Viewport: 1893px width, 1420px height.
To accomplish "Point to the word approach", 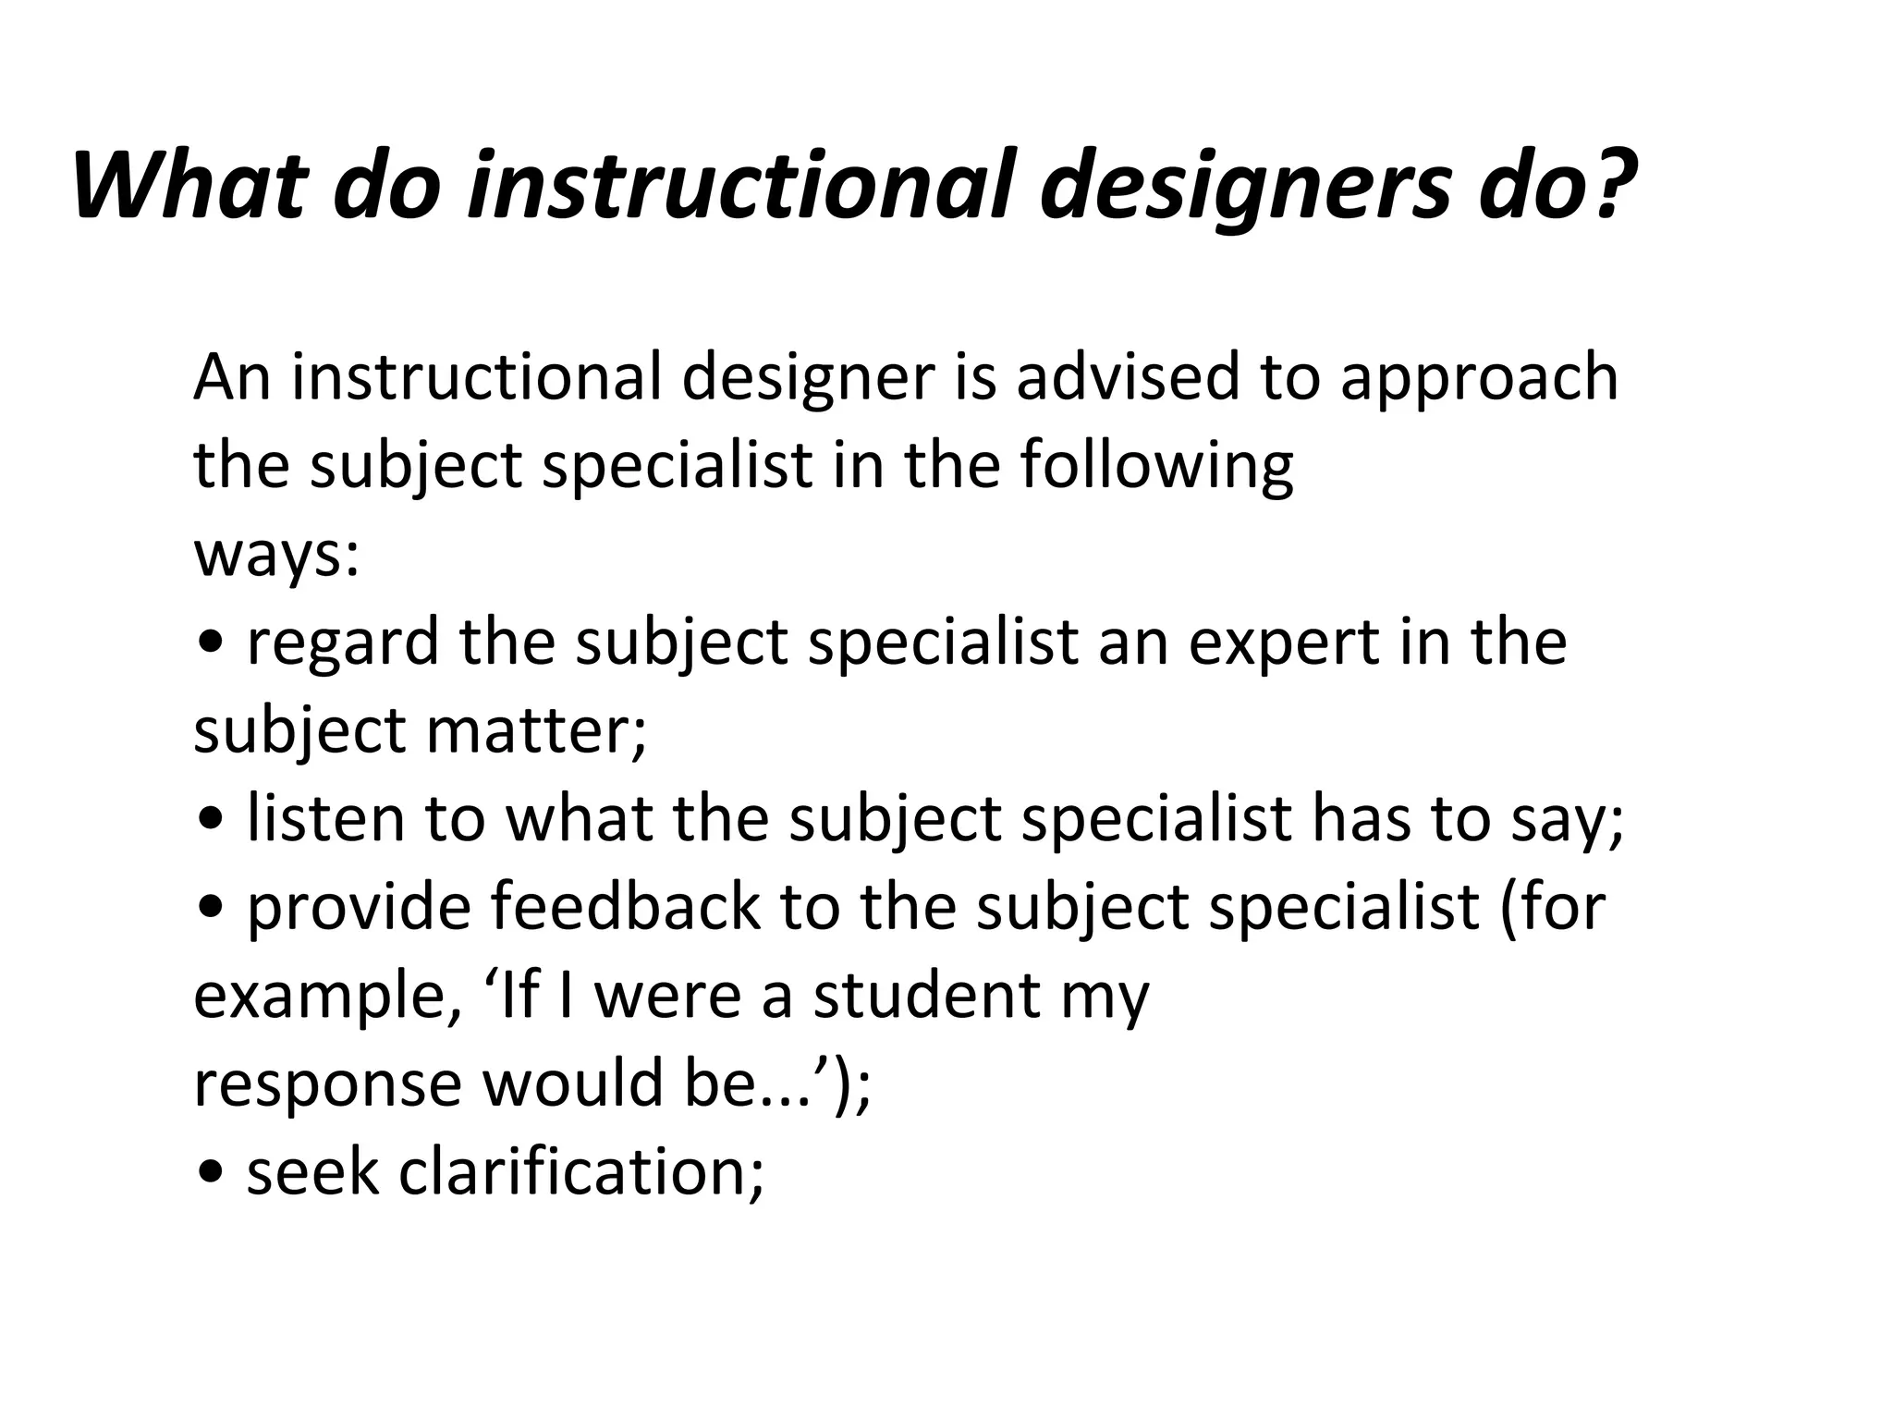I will (1479, 379).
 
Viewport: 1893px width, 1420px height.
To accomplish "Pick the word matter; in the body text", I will (536, 730).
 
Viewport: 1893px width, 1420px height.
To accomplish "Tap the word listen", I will (326, 819).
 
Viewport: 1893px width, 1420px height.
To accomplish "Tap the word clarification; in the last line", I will (581, 1172).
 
